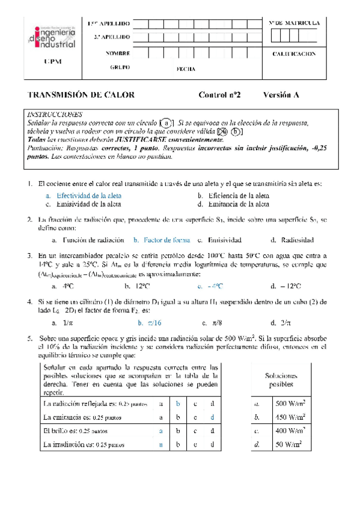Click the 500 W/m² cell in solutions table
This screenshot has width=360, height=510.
[x=289, y=403]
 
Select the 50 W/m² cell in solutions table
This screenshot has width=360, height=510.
[x=289, y=445]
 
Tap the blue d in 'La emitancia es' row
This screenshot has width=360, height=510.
[x=212, y=417]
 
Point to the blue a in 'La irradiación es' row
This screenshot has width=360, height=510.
[x=160, y=445]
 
